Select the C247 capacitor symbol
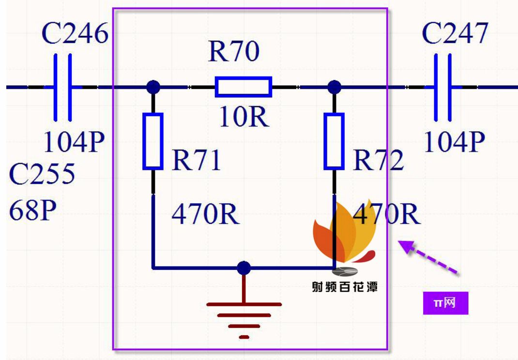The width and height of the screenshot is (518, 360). pyautogui.click(x=443, y=87)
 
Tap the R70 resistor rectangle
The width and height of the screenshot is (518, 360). pyautogui.click(x=244, y=87)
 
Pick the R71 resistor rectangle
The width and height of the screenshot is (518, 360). pyautogui.click(x=153, y=141)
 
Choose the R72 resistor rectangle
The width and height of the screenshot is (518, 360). pyautogui.click(x=334, y=141)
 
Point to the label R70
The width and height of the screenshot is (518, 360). pyautogui.click(x=234, y=52)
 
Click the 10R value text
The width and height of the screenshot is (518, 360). pyautogui.click(x=244, y=117)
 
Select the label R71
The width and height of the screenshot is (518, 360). pyautogui.click(x=197, y=160)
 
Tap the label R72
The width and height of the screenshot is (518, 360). pyautogui.click(x=379, y=160)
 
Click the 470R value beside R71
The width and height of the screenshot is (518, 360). pyautogui.click(x=205, y=214)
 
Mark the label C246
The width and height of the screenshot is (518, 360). pyautogui.click(x=75, y=33)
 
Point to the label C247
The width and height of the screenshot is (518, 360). pyautogui.click(x=455, y=33)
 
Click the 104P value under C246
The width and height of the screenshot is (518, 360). pyautogui.click(x=74, y=142)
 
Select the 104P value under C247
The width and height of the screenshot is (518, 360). pyautogui.click(x=454, y=142)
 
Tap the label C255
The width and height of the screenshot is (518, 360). pyautogui.click(x=42, y=174)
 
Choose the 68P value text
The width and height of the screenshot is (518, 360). pyautogui.click(x=33, y=210)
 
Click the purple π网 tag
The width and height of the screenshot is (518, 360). pyautogui.click(x=445, y=303)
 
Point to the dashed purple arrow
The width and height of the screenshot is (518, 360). pyautogui.click(x=428, y=257)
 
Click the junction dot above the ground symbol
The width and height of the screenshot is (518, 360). pyautogui.click(x=244, y=267)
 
